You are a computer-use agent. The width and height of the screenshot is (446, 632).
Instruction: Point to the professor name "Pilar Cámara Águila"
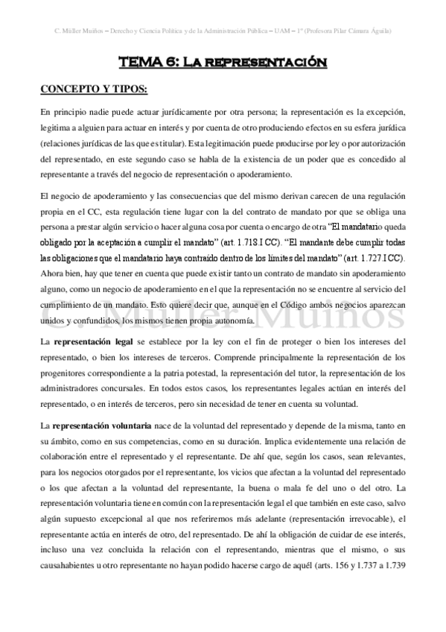pos(370,31)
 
